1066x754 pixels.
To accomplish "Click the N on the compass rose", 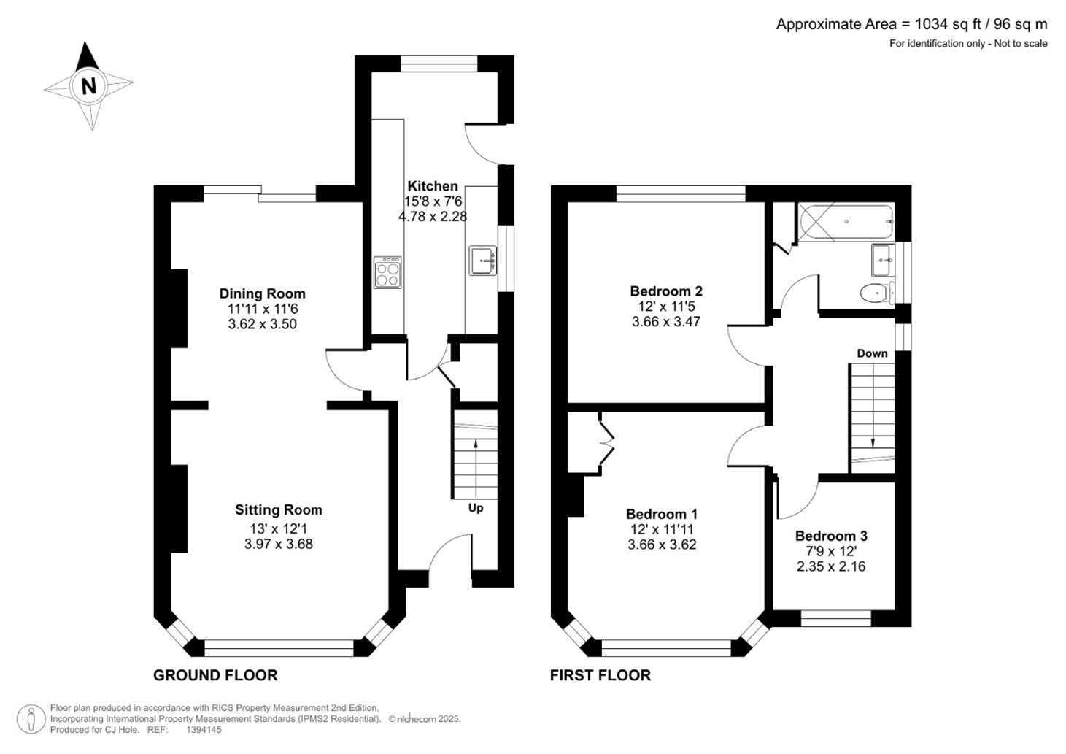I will pyautogui.click(x=88, y=86).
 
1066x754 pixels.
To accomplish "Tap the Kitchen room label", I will pyautogui.click(x=433, y=186).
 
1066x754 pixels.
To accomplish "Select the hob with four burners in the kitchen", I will pyautogui.click(x=387, y=272).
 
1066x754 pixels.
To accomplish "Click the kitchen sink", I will pyautogui.click(x=483, y=261).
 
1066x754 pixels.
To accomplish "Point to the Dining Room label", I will pyautogui.click(x=263, y=293).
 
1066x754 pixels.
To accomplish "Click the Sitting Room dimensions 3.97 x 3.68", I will pyautogui.click(x=278, y=544).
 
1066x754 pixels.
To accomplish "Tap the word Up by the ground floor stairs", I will pyautogui.click(x=475, y=508).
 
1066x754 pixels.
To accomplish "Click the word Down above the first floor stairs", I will pyautogui.click(x=872, y=353).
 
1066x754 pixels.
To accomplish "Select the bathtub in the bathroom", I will pyautogui.click(x=845, y=221).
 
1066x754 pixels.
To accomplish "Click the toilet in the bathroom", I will pyautogui.click(x=876, y=293).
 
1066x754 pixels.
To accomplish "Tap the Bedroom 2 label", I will pyautogui.click(x=666, y=291).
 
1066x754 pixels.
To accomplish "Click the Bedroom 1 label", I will pyautogui.click(x=662, y=514).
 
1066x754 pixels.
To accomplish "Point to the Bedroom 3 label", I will pyautogui.click(x=831, y=536).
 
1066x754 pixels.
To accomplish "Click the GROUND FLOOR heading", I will pyautogui.click(x=215, y=675).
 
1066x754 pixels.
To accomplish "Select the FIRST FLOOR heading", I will pyautogui.click(x=600, y=675).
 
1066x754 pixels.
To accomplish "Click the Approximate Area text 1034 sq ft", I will pyautogui.click(x=911, y=24).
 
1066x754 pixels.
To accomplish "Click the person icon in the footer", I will pyautogui.click(x=31, y=718).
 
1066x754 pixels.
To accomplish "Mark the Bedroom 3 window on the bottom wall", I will pyautogui.click(x=836, y=619).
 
